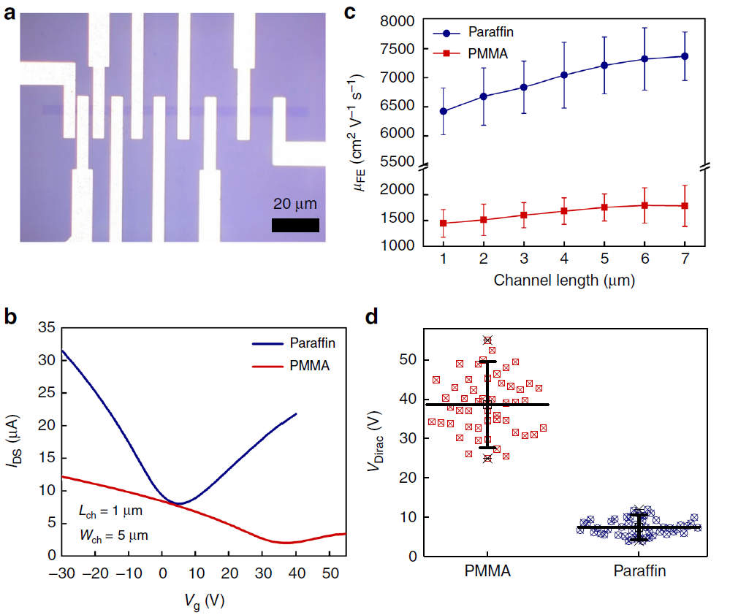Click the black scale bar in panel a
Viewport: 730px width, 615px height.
pyautogui.click(x=295, y=225)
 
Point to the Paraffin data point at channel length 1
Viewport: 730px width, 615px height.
pyautogui.click(x=444, y=111)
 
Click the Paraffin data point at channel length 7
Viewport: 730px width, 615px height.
pyautogui.click(x=685, y=56)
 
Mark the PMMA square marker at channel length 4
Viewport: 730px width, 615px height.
pyautogui.click(x=564, y=211)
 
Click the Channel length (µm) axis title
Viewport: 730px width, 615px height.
pyautogui.click(x=563, y=280)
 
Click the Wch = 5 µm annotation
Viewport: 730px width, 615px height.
pyautogui.click(x=113, y=535)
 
